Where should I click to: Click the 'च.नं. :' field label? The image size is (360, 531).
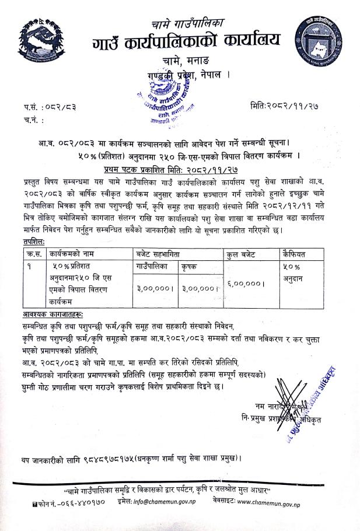34,121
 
